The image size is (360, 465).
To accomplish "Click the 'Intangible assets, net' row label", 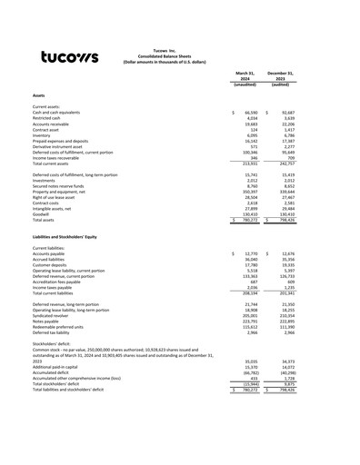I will coord(54,207).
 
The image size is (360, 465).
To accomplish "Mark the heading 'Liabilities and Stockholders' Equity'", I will coord(72,236).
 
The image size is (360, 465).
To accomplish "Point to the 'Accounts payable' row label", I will coord(50,253).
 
